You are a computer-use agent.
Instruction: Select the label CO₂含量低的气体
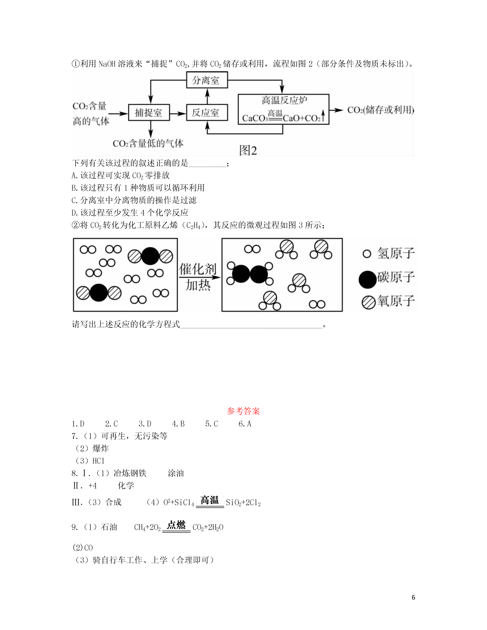pos(148,143)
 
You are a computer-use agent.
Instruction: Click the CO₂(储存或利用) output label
pos(381,110)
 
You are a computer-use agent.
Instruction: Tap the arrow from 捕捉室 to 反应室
pos(178,113)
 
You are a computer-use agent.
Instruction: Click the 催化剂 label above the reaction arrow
pos(198,269)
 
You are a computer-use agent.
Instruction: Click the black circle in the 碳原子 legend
pos(368,279)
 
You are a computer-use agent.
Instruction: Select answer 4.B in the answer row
pos(178,424)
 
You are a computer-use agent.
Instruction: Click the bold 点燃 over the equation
pos(176,525)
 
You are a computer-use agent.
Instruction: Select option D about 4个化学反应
pos(130,213)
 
